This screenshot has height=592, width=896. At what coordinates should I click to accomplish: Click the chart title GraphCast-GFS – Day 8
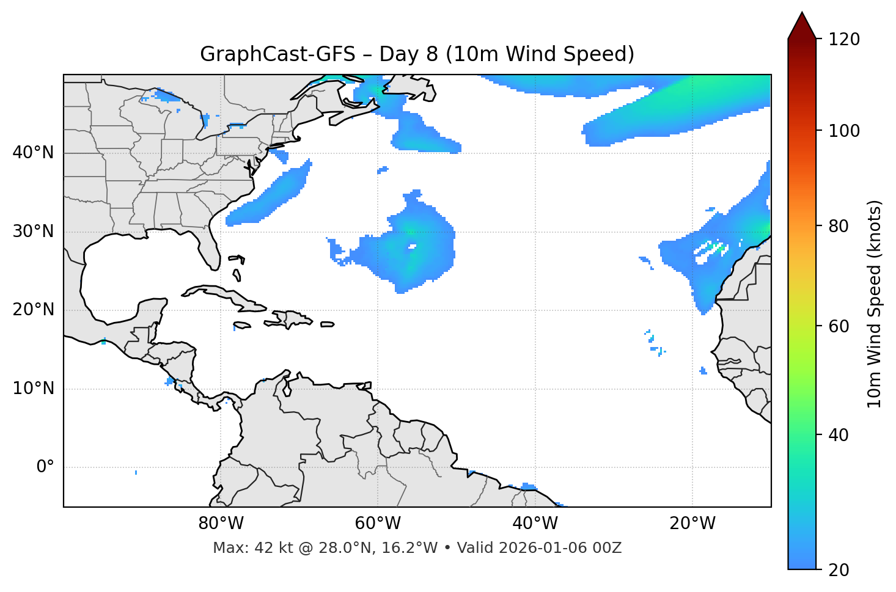click(417, 54)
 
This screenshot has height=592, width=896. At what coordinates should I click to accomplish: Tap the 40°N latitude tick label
click(33, 153)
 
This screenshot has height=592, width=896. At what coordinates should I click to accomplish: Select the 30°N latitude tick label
click(33, 232)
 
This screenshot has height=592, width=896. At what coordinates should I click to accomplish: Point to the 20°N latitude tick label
click(33, 310)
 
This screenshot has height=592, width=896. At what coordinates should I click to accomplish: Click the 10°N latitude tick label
click(33, 389)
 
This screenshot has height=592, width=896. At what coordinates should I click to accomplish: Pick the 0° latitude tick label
click(45, 467)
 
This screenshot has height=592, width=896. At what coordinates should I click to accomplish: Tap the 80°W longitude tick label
click(221, 524)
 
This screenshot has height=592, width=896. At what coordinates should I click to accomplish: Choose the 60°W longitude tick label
click(378, 524)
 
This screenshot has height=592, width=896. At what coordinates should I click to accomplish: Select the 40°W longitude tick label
click(535, 524)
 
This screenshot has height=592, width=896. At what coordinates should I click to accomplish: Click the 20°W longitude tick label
click(692, 524)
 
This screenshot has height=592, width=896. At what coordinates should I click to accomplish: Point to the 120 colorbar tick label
click(844, 40)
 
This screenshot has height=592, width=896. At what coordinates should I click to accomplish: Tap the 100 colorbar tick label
click(844, 131)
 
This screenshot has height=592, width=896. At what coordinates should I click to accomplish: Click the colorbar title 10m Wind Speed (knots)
click(875, 304)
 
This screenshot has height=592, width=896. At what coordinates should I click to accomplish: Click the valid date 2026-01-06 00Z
click(560, 548)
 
